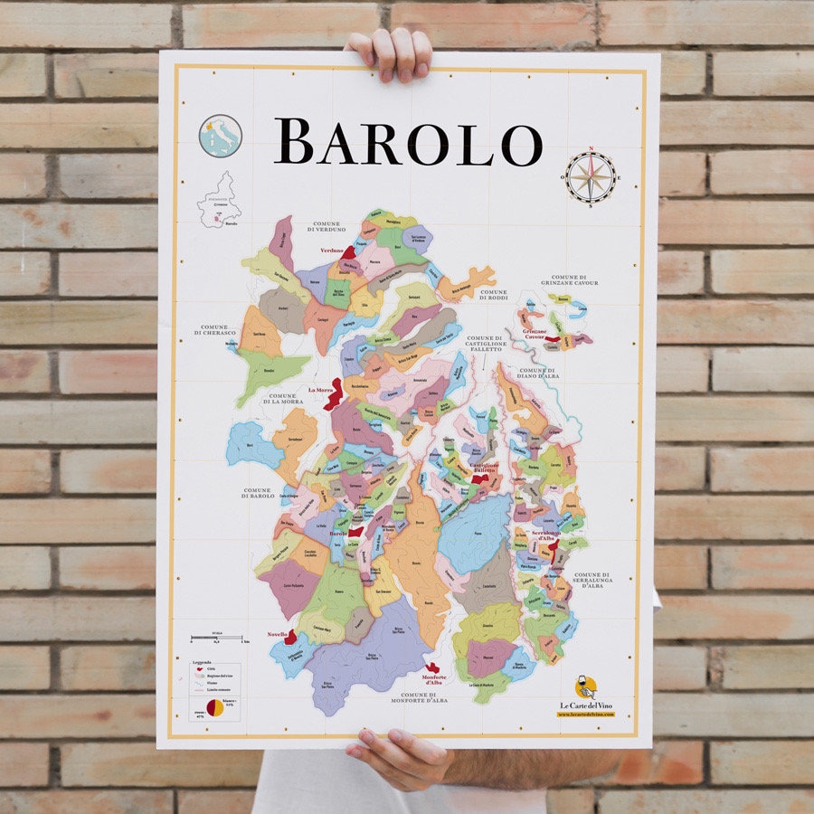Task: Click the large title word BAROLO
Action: click(408, 142)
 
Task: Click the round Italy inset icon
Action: click(220, 136)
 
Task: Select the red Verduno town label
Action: click(332, 251)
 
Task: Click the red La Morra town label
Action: click(319, 390)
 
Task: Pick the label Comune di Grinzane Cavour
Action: click(575, 280)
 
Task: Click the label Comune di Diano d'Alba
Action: click(537, 372)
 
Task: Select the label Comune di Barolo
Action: click(258, 493)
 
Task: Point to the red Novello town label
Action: click(278, 634)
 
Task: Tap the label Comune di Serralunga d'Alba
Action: click(592, 580)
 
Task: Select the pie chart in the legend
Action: click(215, 707)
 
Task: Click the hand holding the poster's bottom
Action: click(398, 755)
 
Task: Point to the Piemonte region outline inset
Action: click(220, 200)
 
